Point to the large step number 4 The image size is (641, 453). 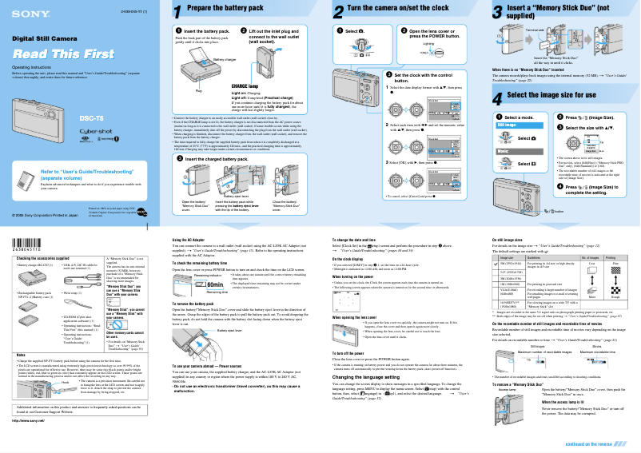498,97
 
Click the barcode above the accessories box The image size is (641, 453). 30,244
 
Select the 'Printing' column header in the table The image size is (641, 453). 611,258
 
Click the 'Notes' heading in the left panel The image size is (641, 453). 22,354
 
